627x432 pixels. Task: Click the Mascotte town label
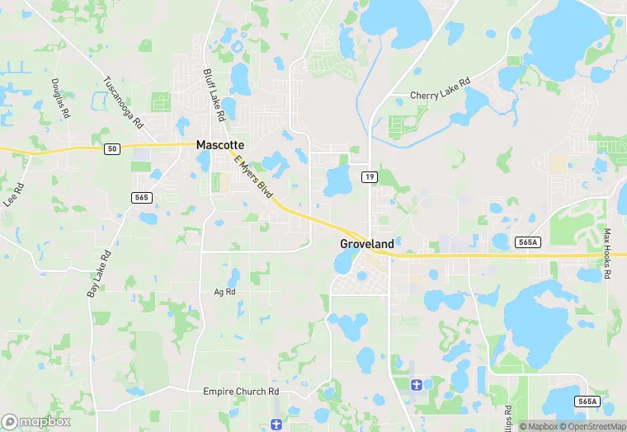[x=219, y=144]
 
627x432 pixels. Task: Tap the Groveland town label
[x=367, y=244]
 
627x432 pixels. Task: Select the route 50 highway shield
[x=112, y=149]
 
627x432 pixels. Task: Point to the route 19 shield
[x=370, y=176]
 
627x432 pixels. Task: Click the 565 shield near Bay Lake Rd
[x=141, y=197]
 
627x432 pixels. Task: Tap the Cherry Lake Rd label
[x=441, y=89]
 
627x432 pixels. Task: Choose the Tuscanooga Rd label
[x=123, y=101]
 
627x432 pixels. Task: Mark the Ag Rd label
[x=224, y=292]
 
